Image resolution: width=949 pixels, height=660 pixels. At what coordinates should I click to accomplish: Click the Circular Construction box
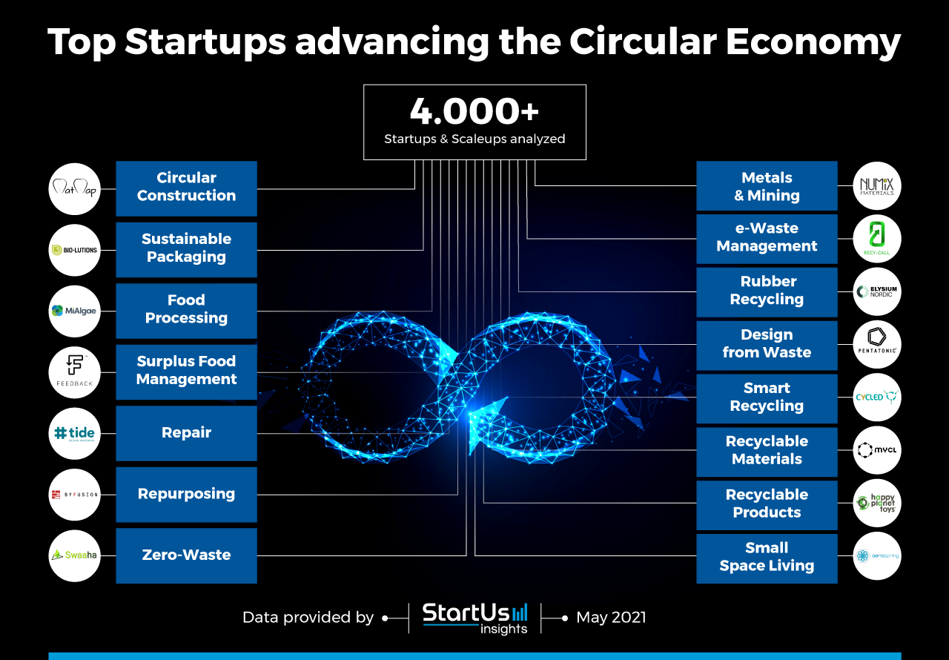point(186,188)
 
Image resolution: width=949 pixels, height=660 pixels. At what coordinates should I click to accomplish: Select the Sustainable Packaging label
point(186,248)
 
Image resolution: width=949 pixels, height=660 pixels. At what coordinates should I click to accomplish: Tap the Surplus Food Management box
point(186,371)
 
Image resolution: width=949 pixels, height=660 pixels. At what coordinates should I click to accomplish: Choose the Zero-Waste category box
point(186,555)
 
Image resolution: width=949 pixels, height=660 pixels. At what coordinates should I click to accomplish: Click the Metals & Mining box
point(767,187)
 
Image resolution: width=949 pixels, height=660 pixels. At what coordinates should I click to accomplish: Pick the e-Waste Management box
point(767,238)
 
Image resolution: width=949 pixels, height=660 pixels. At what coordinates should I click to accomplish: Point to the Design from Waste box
point(767,345)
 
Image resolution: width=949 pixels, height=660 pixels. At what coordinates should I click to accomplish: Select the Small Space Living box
point(767,558)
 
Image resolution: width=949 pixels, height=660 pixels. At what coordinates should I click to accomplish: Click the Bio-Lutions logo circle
point(74,250)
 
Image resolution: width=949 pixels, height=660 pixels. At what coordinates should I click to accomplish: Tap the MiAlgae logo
point(74,311)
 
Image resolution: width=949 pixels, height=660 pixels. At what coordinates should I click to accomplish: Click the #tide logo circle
point(74,433)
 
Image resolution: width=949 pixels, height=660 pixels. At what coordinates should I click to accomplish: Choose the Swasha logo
point(74,555)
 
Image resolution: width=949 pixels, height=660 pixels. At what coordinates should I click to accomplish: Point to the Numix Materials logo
point(877,186)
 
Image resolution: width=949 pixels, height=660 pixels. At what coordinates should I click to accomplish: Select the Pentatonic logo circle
point(877,344)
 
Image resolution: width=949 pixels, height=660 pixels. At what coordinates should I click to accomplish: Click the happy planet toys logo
point(877,504)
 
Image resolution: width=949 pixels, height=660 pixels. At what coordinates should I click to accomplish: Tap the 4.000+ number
point(474,112)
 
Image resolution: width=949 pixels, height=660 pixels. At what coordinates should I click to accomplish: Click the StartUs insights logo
point(475,618)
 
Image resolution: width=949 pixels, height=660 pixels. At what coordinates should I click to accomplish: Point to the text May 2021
point(611,617)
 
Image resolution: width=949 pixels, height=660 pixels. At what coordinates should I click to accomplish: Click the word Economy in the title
point(813,42)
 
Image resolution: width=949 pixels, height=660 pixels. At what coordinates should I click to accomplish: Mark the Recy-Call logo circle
point(877,239)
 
